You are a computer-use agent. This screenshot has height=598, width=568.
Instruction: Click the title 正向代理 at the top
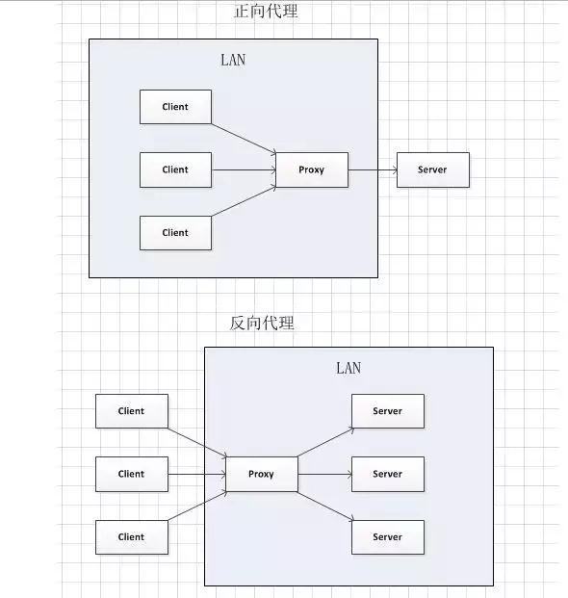pos(266,12)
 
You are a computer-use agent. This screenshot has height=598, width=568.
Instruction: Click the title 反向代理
pos(262,323)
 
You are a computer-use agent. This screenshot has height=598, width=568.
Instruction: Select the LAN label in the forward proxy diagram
pos(233,60)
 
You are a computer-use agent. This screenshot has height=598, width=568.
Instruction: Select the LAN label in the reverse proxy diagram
pos(349,368)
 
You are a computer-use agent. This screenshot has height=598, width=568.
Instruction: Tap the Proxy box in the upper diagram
pos(312,169)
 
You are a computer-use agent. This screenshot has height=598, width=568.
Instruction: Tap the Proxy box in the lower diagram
pos(261,474)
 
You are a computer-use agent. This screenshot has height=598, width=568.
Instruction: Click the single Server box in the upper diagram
pos(432,169)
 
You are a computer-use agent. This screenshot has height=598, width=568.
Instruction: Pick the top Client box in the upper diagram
pos(175,107)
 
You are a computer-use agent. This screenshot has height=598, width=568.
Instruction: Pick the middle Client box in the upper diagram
pos(175,169)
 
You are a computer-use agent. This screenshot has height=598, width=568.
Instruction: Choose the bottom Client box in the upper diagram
pos(175,232)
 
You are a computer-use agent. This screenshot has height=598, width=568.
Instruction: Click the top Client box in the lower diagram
pos(131,411)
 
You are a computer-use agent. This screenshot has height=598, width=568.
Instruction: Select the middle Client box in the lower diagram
pos(131,474)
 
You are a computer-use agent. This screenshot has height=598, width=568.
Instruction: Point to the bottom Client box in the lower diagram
pos(131,537)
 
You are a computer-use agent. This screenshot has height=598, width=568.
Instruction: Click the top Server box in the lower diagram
pos(387,411)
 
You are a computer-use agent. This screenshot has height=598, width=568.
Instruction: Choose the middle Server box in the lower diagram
pos(387,474)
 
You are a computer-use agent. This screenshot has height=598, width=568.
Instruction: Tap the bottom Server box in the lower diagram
pos(387,537)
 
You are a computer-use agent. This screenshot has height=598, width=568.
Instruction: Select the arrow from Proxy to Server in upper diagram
pos(373,170)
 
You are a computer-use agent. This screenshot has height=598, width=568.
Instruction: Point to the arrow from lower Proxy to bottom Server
pos(324,506)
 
